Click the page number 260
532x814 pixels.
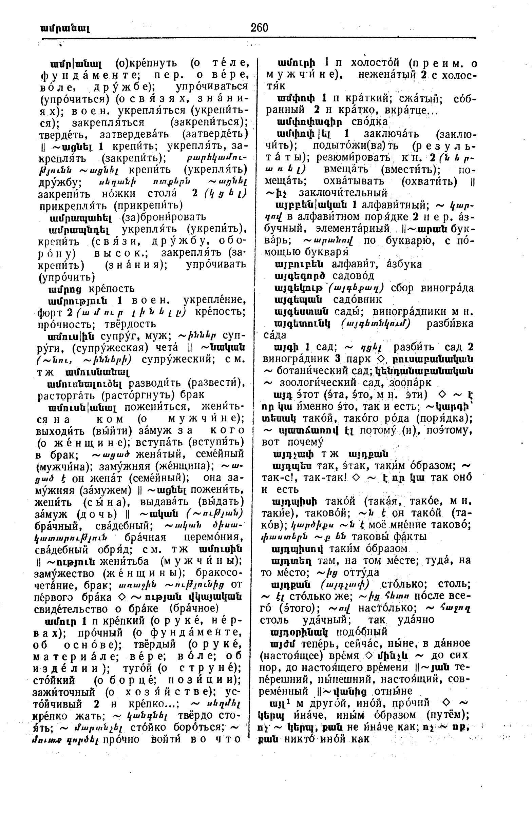[x=259, y=27]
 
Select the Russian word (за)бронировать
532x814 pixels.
[x=164, y=217]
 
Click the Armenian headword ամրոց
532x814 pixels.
[x=65, y=289]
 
